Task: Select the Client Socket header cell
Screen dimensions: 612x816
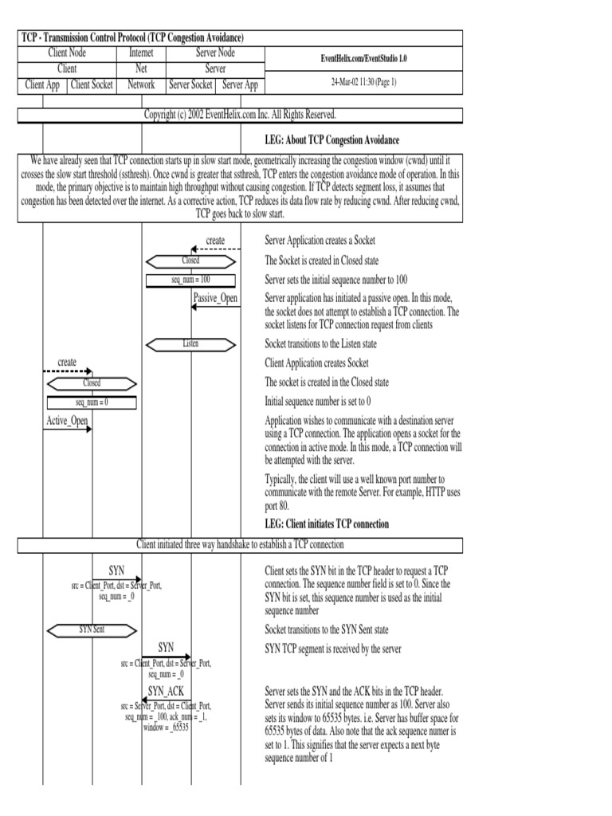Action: [x=92, y=84]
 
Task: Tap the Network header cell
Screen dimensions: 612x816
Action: [x=141, y=84]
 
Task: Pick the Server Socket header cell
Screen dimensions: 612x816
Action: [x=190, y=84]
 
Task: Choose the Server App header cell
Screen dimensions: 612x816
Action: [x=240, y=84]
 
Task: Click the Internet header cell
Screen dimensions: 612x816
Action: [x=141, y=53]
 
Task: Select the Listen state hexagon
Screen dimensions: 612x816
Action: [x=190, y=344]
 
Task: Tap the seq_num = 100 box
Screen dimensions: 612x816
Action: [x=190, y=280]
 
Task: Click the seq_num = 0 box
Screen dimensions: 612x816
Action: [x=92, y=402]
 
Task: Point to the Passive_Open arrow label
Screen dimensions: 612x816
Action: [x=215, y=298]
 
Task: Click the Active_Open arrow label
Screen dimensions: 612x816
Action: [x=67, y=421]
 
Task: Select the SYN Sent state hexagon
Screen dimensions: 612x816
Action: [x=92, y=630]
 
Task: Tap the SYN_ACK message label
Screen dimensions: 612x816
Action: [x=166, y=691]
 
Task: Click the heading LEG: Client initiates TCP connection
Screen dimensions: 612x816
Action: [x=327, y=524]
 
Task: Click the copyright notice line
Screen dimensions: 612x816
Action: [x=239, y=115]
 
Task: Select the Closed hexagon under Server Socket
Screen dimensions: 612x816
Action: [x=190, y=261]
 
